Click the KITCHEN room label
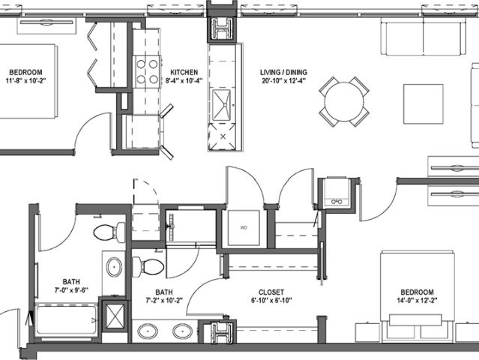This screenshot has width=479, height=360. click(184, 73)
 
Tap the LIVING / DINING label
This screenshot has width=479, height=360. click(283, 73)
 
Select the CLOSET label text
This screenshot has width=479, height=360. click(271, 292)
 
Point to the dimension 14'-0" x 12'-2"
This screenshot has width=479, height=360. click(417, 301)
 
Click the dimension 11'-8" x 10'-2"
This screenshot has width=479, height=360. click(25, 81)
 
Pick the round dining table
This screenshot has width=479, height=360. click(344, 102)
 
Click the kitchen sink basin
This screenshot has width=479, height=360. click(222, 104)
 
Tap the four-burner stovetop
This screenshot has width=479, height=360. click(147, 72)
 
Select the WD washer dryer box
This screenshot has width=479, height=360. click(244, 228)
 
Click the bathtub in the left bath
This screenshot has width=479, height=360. click(67, 320)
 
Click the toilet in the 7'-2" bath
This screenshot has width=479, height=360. click(148, 265)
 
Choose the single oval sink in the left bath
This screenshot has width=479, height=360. click(114, 267)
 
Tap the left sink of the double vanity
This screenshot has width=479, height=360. click(148, 331)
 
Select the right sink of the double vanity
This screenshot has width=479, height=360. click(183, 331)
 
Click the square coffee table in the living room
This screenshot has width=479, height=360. click(424, 104)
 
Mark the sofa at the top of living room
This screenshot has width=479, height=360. click(424, 37)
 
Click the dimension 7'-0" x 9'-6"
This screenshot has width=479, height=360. click(71, 290)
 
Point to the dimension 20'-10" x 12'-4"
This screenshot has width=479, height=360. click(283, 81)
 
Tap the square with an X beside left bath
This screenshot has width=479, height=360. click(115, 316)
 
